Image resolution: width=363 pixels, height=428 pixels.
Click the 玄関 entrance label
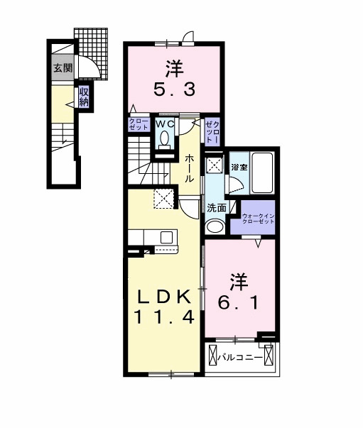(62, 68)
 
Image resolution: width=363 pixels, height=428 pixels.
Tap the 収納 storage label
(84, 97)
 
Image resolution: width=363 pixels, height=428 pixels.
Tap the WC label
(165, 124)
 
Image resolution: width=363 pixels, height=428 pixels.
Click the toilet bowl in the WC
(165, 140)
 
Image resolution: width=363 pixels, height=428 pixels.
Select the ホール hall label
(190, 169)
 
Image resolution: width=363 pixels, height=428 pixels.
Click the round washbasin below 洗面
(214, 227)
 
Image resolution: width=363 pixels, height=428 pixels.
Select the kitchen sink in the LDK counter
(168, 237)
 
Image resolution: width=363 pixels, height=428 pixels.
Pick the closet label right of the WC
(212, 131)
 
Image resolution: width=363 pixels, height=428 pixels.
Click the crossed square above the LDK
(165, 199)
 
